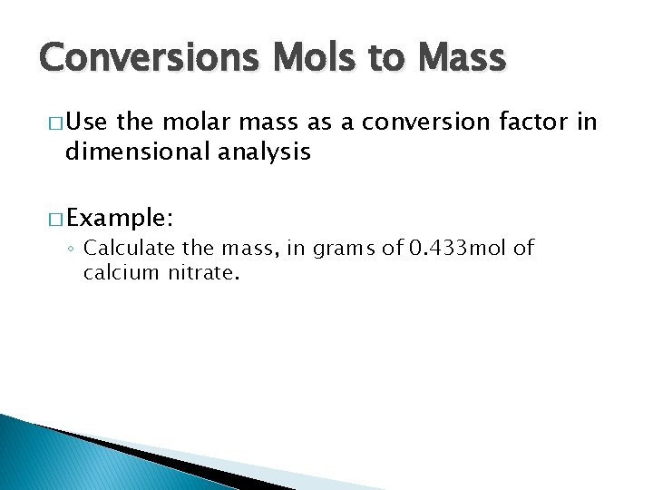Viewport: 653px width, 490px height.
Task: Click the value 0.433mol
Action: pos(446,248)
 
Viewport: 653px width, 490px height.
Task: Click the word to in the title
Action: pos(386,59)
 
